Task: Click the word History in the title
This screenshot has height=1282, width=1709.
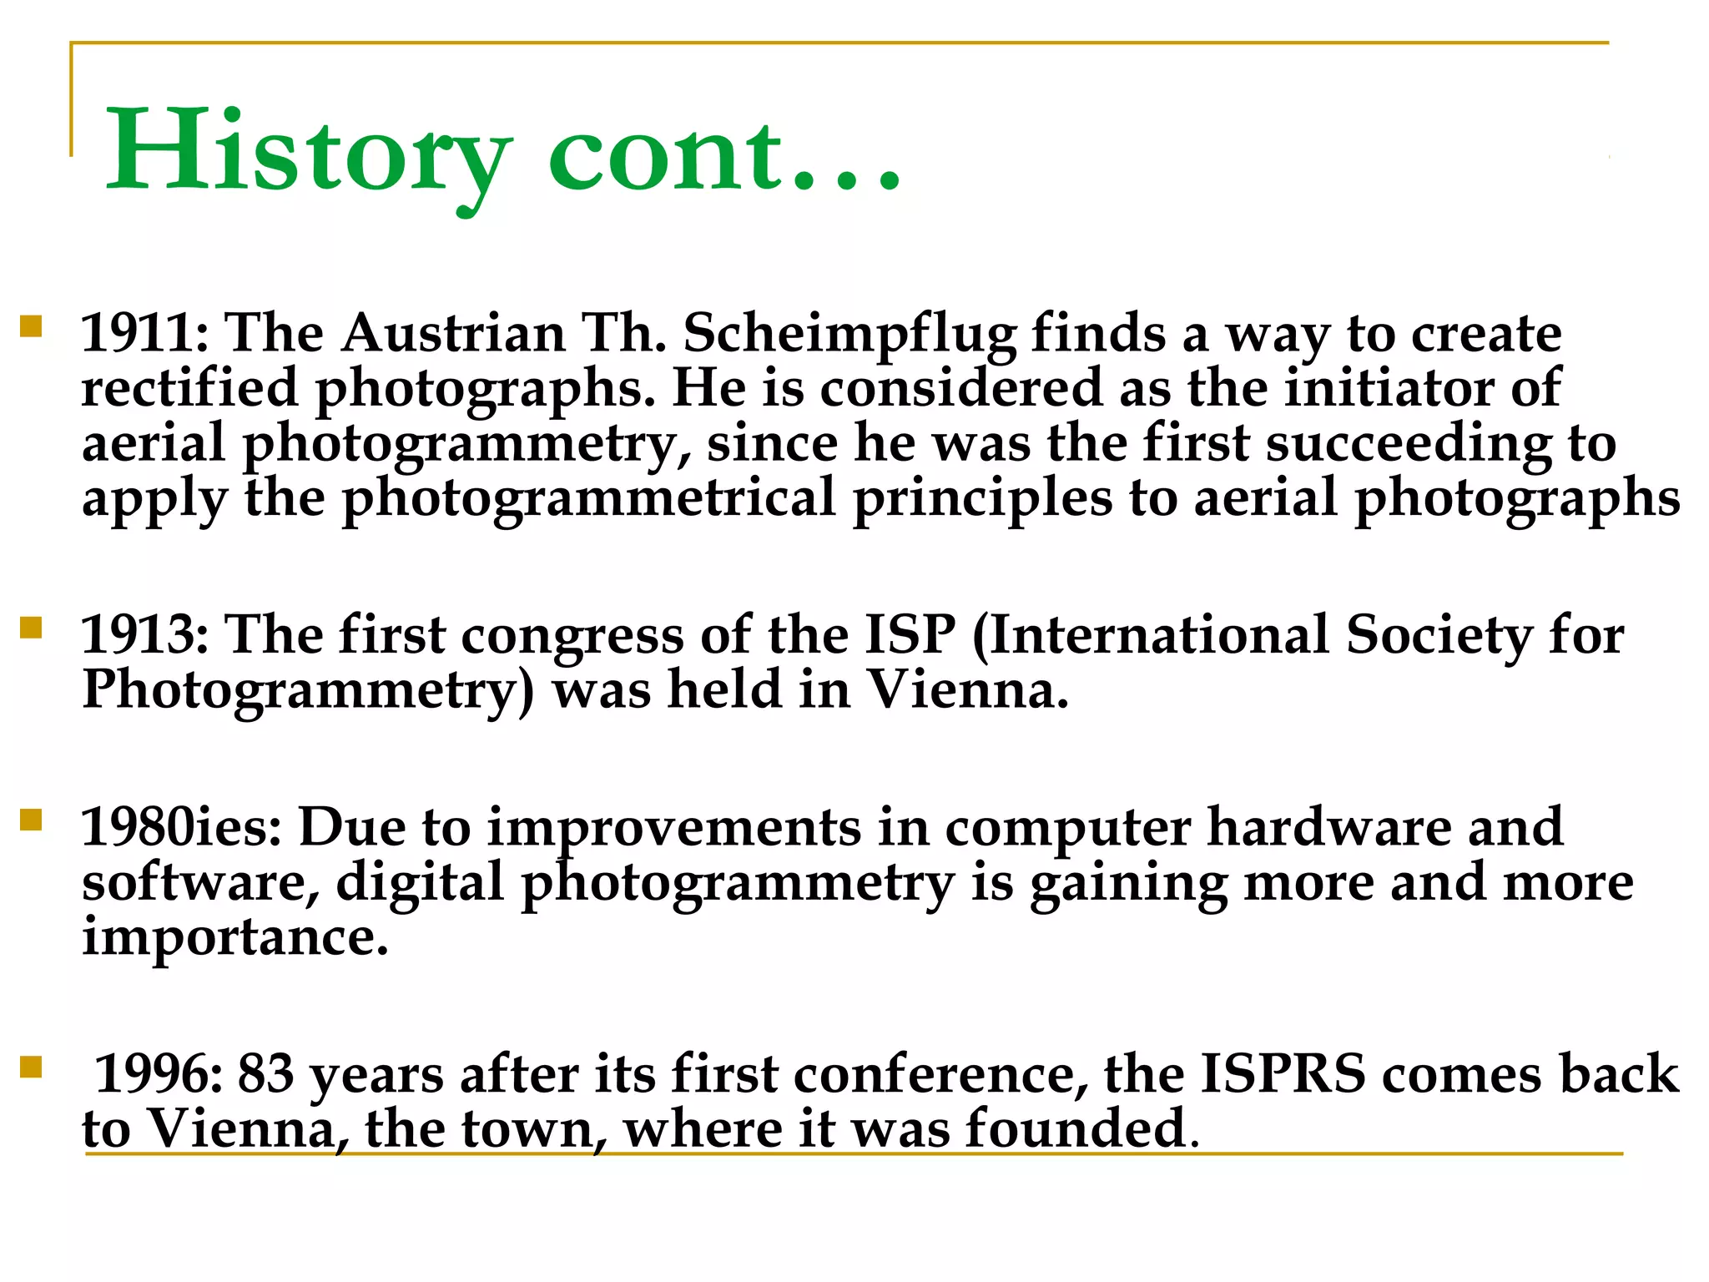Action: click(x=307, y=154)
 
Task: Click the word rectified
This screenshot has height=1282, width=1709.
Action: click(x=189, y=389)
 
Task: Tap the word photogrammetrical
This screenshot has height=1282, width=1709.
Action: click(x=588, y=500)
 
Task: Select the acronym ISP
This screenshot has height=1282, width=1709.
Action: click(x=910, y=635)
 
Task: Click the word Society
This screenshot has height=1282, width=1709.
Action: click(x=1439, y=637)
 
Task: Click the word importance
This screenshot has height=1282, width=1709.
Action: click(x=235, y=938)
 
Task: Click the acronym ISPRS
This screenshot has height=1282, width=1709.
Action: click(x=1283, y=1074)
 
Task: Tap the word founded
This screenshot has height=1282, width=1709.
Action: click(x=1076, y=1129)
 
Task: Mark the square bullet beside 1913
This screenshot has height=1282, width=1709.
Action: click(x=31, y=627)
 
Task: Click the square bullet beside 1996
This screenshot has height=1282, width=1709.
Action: click(x=31, y=1067)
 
